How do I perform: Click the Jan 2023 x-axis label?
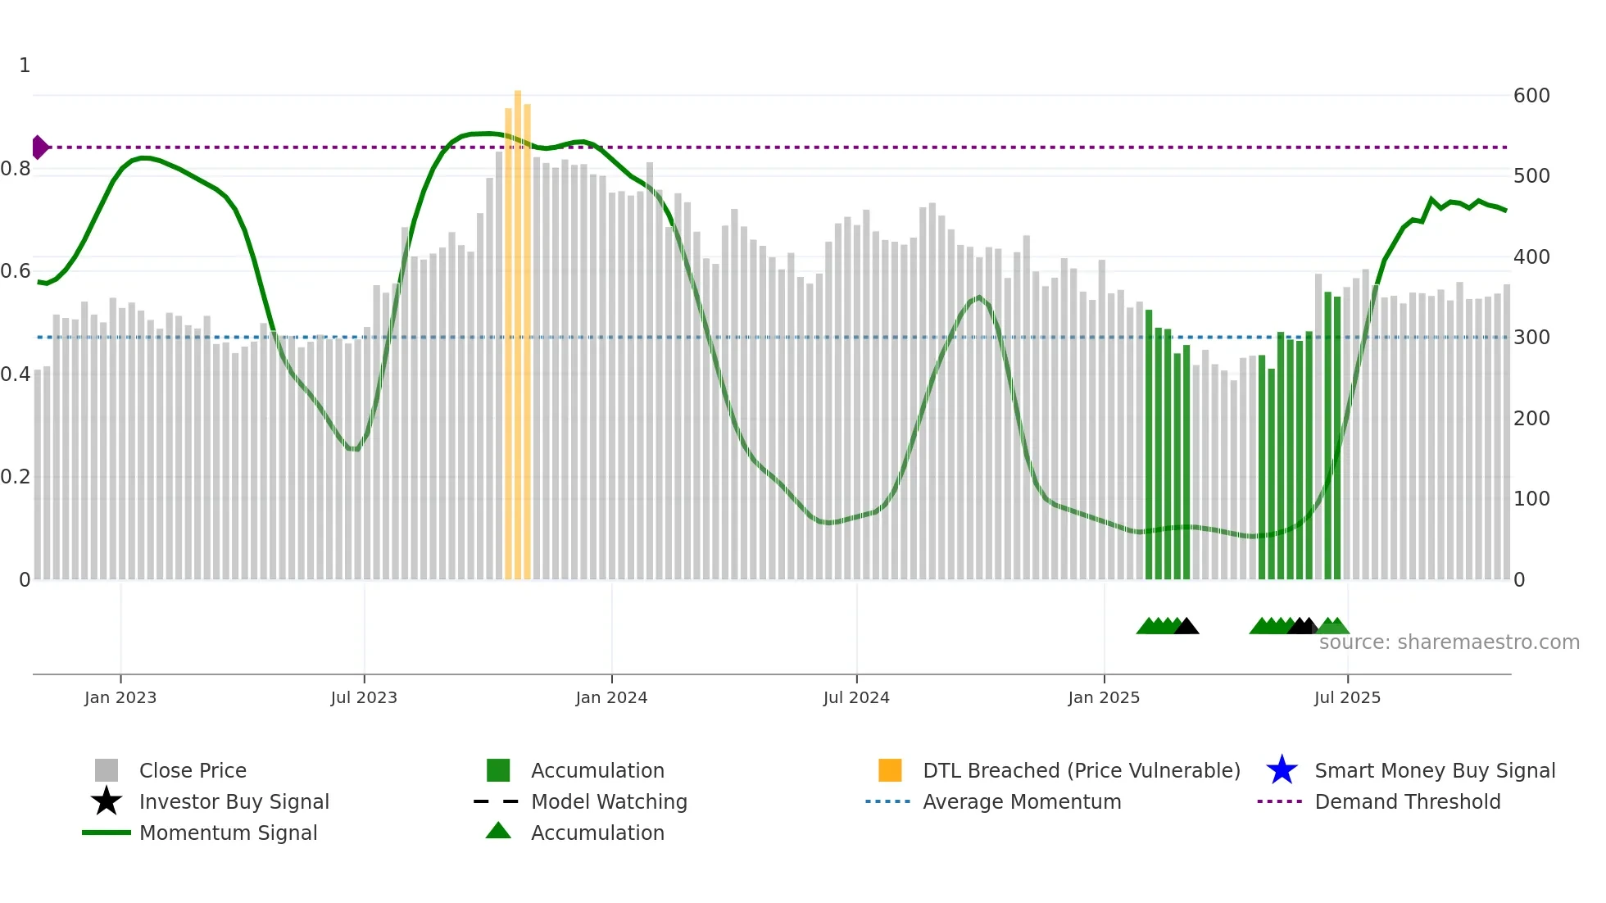120,698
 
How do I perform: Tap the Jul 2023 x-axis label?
364,698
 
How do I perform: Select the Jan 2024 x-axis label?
611,698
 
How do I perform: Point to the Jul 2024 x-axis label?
856,698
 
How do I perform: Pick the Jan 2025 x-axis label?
1104,698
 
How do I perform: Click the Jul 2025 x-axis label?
1347,698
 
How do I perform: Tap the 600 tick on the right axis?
1531,96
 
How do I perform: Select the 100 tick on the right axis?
1531,499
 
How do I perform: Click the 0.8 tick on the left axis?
16,169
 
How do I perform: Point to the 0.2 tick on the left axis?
16,477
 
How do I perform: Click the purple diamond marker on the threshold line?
39,147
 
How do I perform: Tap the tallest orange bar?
518,328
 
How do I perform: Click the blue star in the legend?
1282,770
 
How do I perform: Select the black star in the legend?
107,801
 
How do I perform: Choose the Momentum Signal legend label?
228,833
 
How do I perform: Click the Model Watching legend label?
609,802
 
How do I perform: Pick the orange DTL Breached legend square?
890,770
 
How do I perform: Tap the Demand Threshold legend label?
1408,802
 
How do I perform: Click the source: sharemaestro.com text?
1449,642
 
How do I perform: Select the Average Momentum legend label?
1022,802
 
